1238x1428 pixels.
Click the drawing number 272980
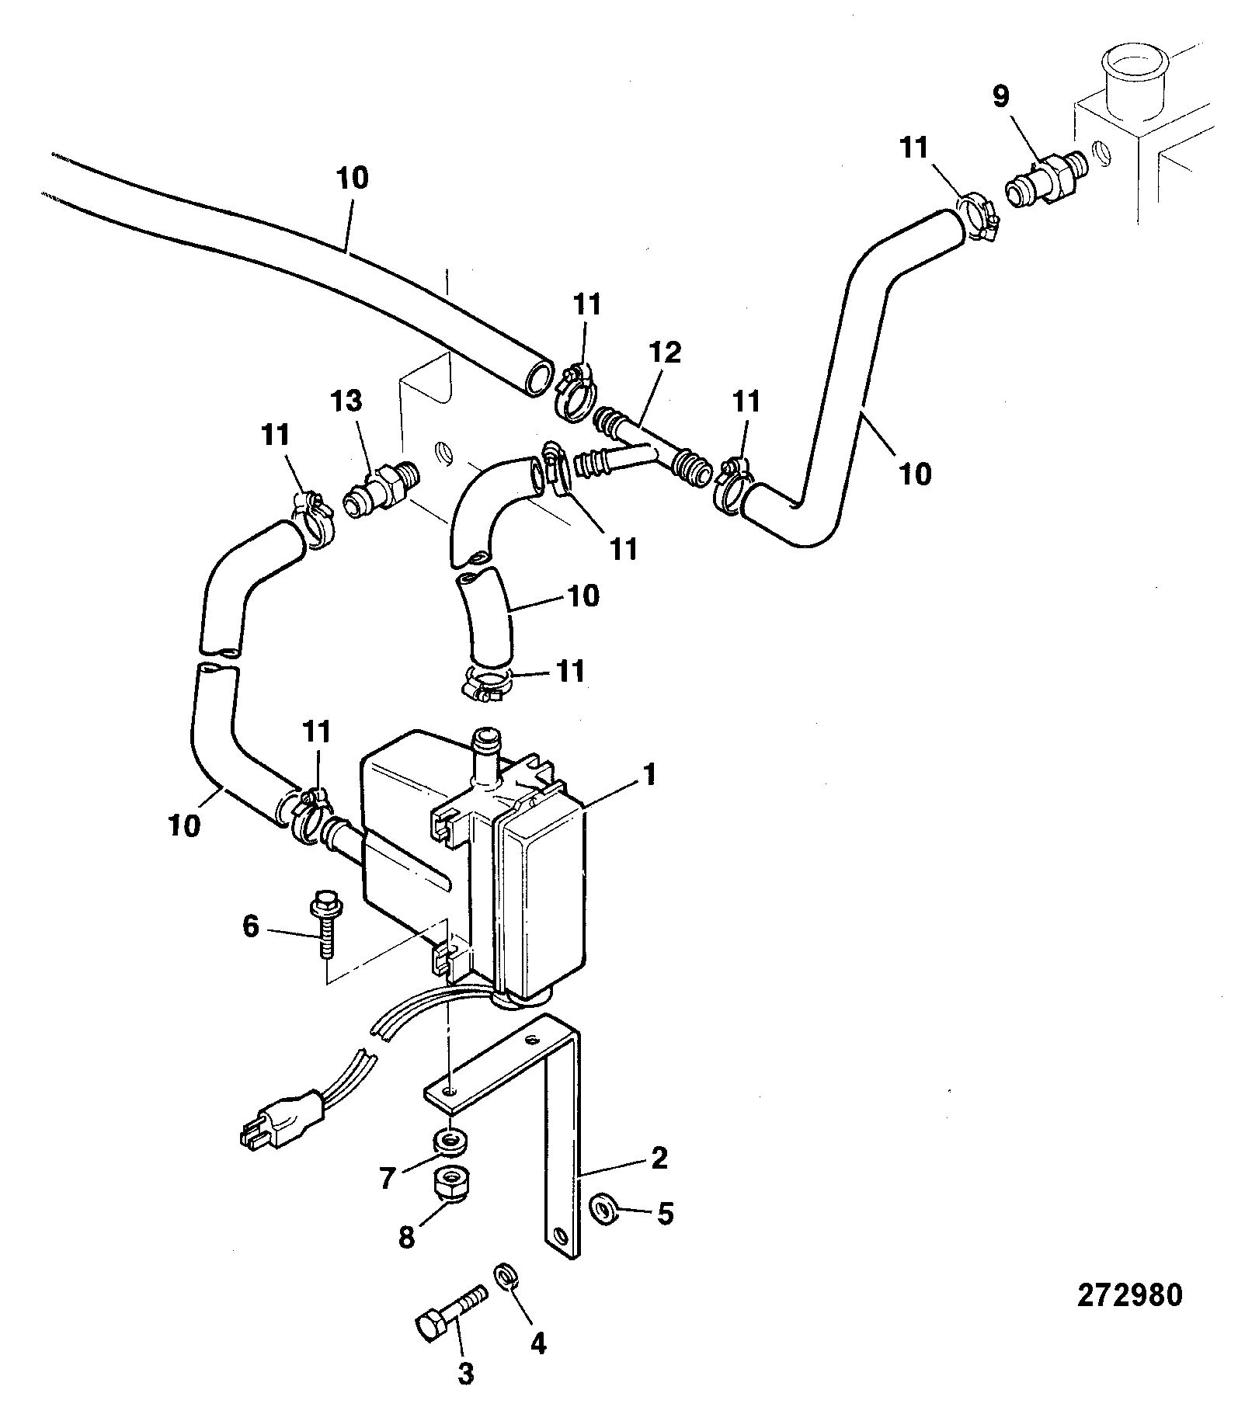pos(1129,1296)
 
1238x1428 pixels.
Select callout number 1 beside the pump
pos(649,774)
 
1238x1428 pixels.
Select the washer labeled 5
pos(603,1209)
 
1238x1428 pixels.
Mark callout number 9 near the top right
pos(1001,96)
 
